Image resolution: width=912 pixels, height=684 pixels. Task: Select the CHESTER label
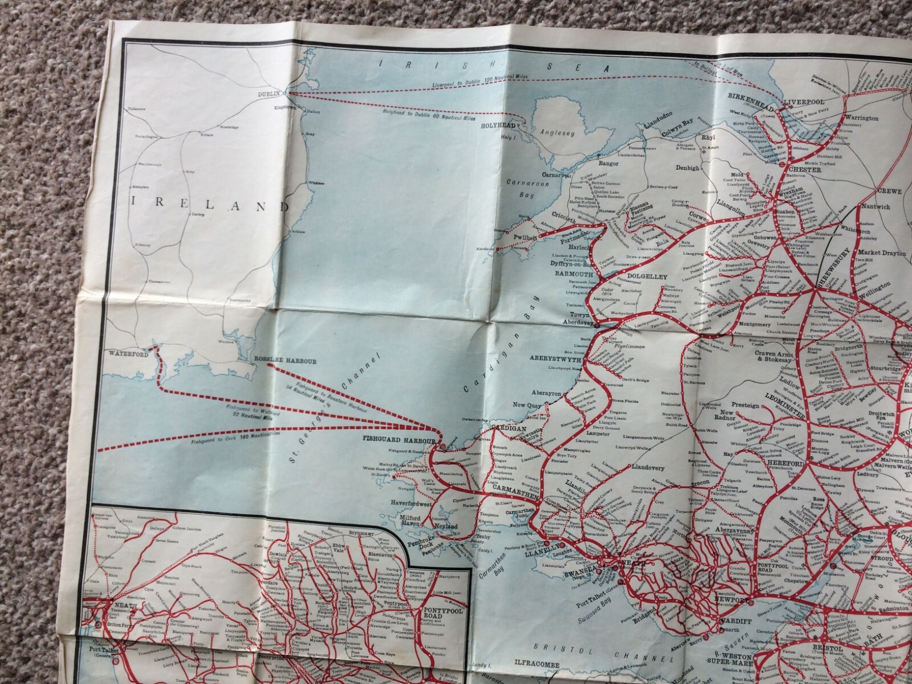[x=805, y=170]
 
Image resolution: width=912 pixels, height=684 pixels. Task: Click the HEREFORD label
[x=788, y=464]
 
